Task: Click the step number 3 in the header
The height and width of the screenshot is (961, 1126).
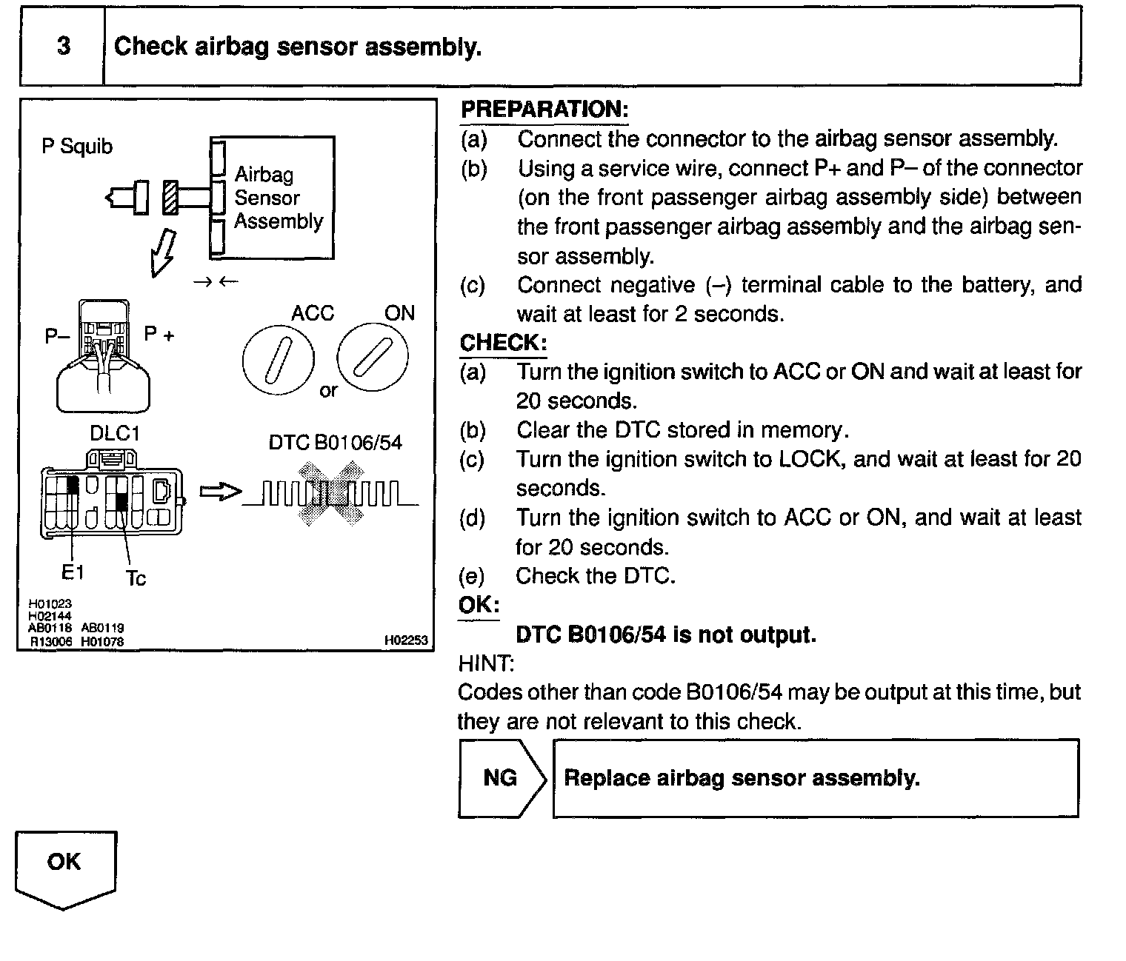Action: coord(64,46)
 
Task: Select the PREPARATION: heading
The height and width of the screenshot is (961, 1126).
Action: coord(544,110)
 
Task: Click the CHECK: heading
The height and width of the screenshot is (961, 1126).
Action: coord(503,343)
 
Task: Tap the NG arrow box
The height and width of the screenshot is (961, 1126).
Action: coord(502,777)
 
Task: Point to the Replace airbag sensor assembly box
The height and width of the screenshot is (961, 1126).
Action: coord(816,777)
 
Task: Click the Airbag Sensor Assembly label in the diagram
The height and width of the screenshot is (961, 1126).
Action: coord(278,198)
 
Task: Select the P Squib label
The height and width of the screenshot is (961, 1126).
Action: coord(77,147)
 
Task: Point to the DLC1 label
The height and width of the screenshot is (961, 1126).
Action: coord(115,433)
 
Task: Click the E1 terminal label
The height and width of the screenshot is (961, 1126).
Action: coord(73,572)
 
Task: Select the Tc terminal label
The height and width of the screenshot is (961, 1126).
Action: coord(136,577)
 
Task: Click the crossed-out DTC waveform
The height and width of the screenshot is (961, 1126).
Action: coord(330,494)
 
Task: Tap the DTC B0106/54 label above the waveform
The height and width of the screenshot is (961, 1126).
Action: coord(335,443)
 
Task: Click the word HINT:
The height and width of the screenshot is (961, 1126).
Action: coord(486,663)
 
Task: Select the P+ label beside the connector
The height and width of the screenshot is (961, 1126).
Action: coord(159,335)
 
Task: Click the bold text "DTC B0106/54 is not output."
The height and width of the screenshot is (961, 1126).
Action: coord(665,634)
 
